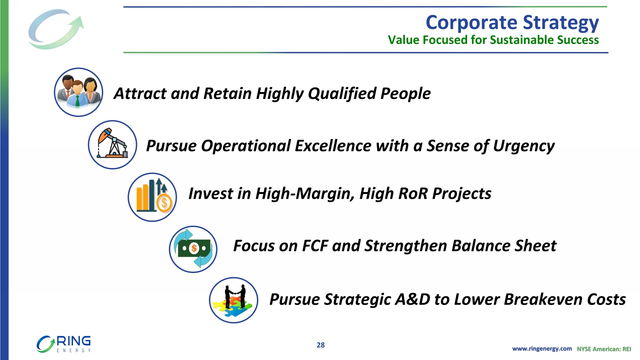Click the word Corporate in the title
point(472,23)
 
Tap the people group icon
point(79,92)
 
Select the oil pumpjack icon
point(112,145)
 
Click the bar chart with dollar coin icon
point(152,197)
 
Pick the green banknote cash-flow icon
point(193,249)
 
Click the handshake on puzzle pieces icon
point(234,300)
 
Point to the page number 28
point(320,345)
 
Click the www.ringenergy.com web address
point(542,349)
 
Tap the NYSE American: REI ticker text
point(604,349)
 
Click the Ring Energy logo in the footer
point(64,344)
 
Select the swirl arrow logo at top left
point(56,29)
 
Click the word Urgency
point(524,146)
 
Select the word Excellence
point(333,146)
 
